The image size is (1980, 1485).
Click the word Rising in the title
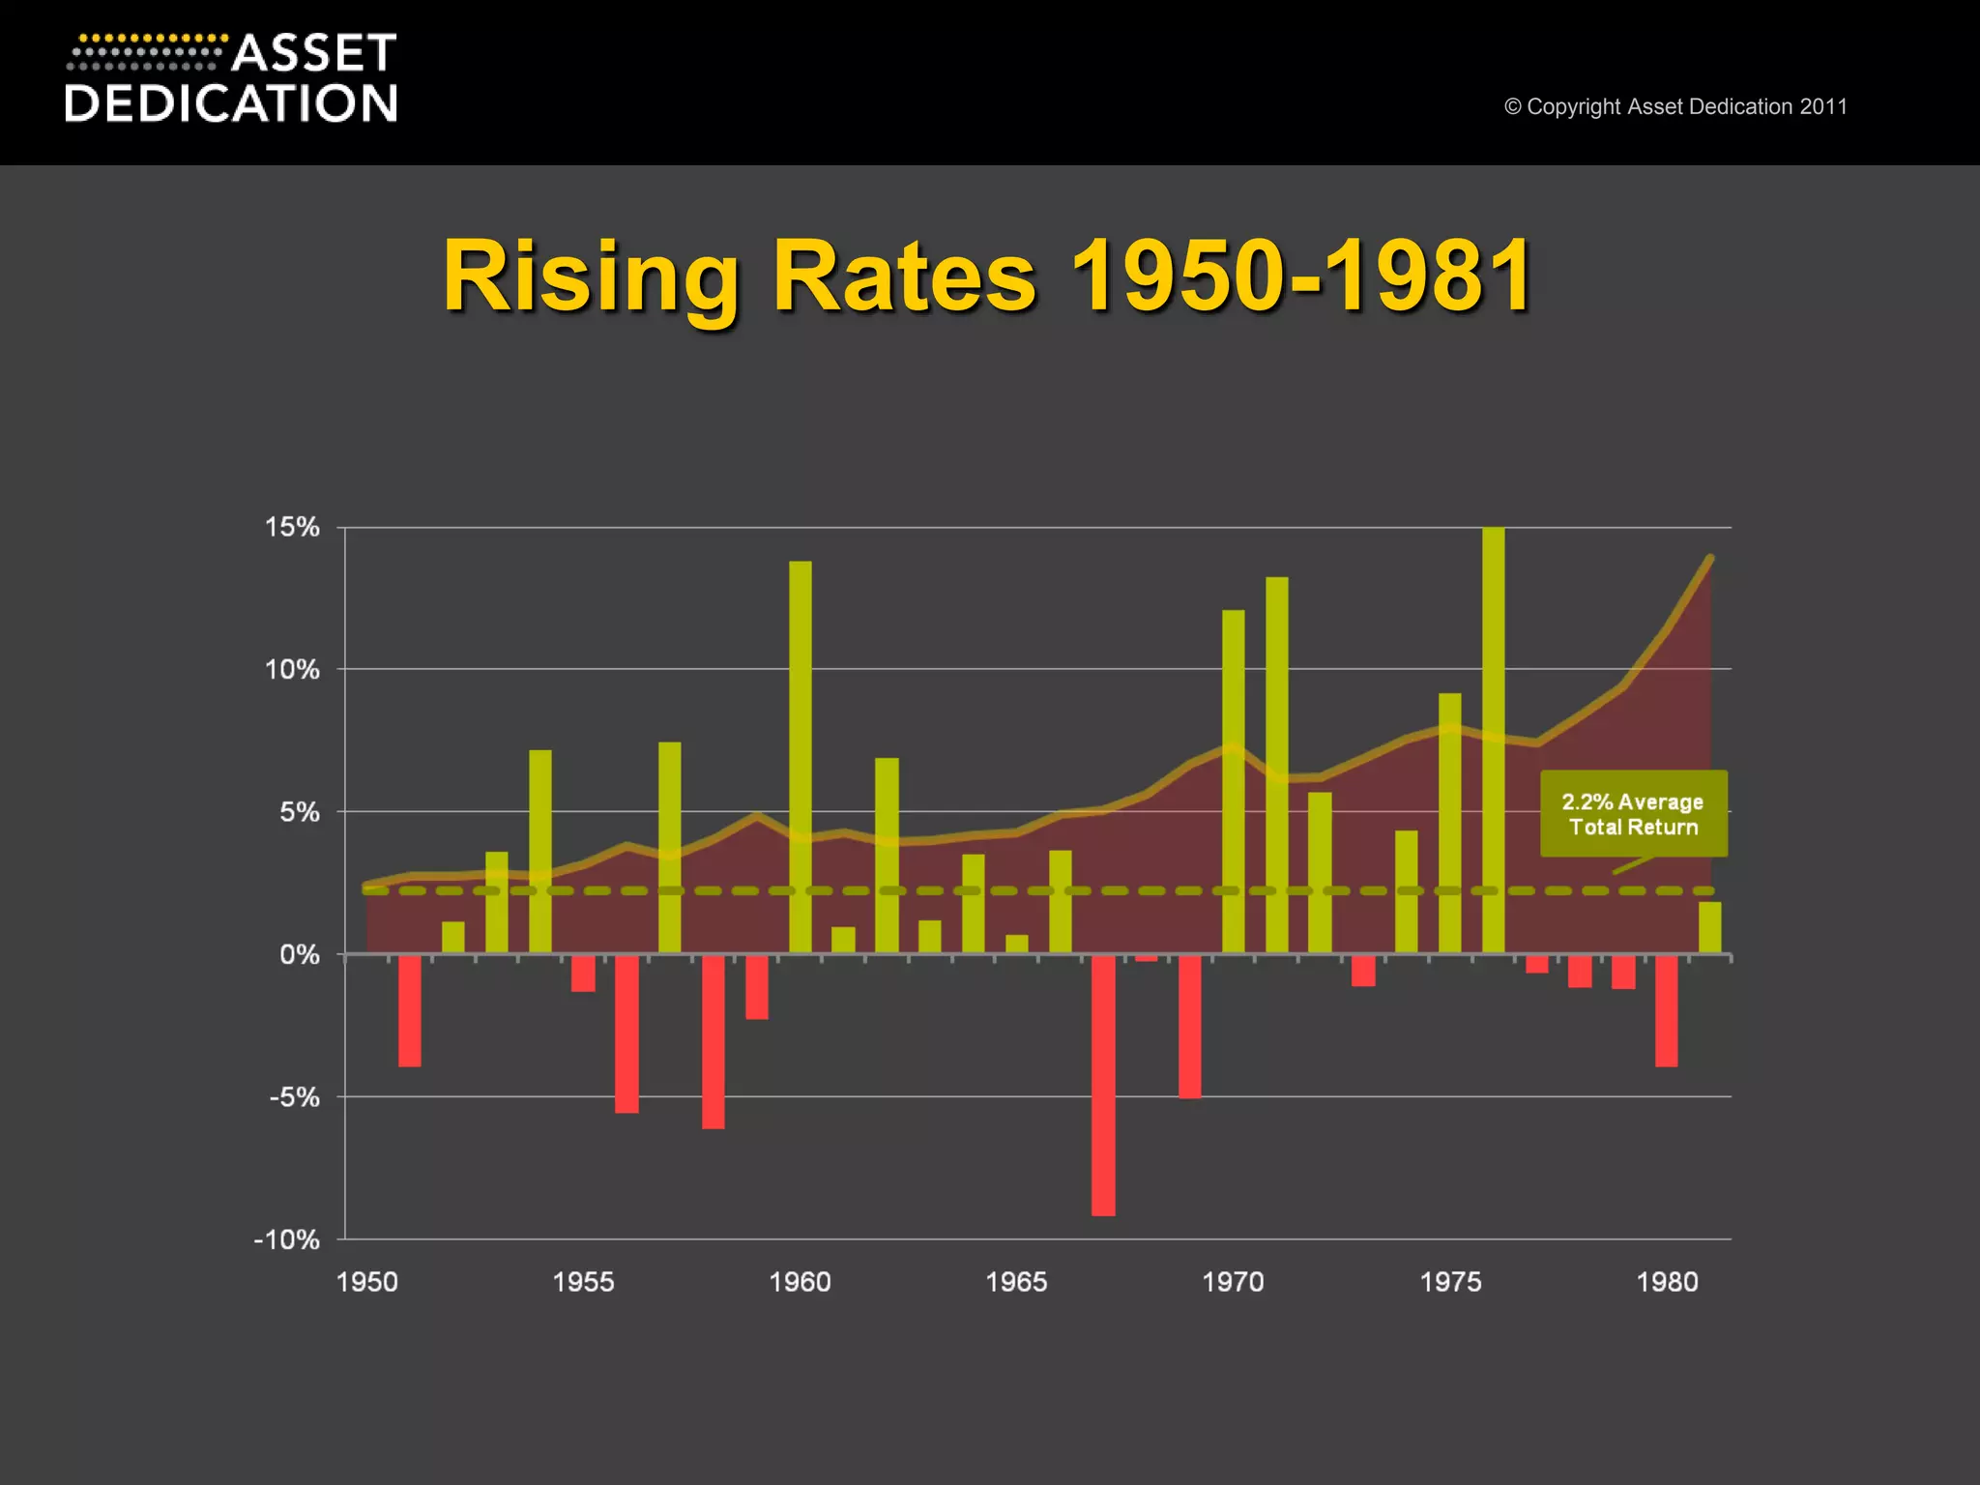coord(591,278)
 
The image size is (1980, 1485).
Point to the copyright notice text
coord(1675,106)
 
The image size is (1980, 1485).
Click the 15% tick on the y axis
coord(292,527)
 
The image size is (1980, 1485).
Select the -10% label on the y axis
coord(287,1239)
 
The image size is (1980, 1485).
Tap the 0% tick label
coord(299,955)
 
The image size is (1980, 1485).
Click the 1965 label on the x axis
coord(1016,1282)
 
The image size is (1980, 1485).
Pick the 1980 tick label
coord(1667,1282)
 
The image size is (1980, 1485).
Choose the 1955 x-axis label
coord(583,1282)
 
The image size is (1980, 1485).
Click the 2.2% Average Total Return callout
coord(1633,814)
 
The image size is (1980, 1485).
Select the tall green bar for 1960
coord(801,754)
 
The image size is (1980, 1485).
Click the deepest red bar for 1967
coord(1103,1083)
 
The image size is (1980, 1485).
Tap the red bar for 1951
coord(410,1010)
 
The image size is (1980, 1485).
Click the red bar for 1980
coord(1666,1010)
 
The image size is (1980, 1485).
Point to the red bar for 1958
coord(713,1040)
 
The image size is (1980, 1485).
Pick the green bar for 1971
coord(1276,764)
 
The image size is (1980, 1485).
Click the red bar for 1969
coord(1189,1025)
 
